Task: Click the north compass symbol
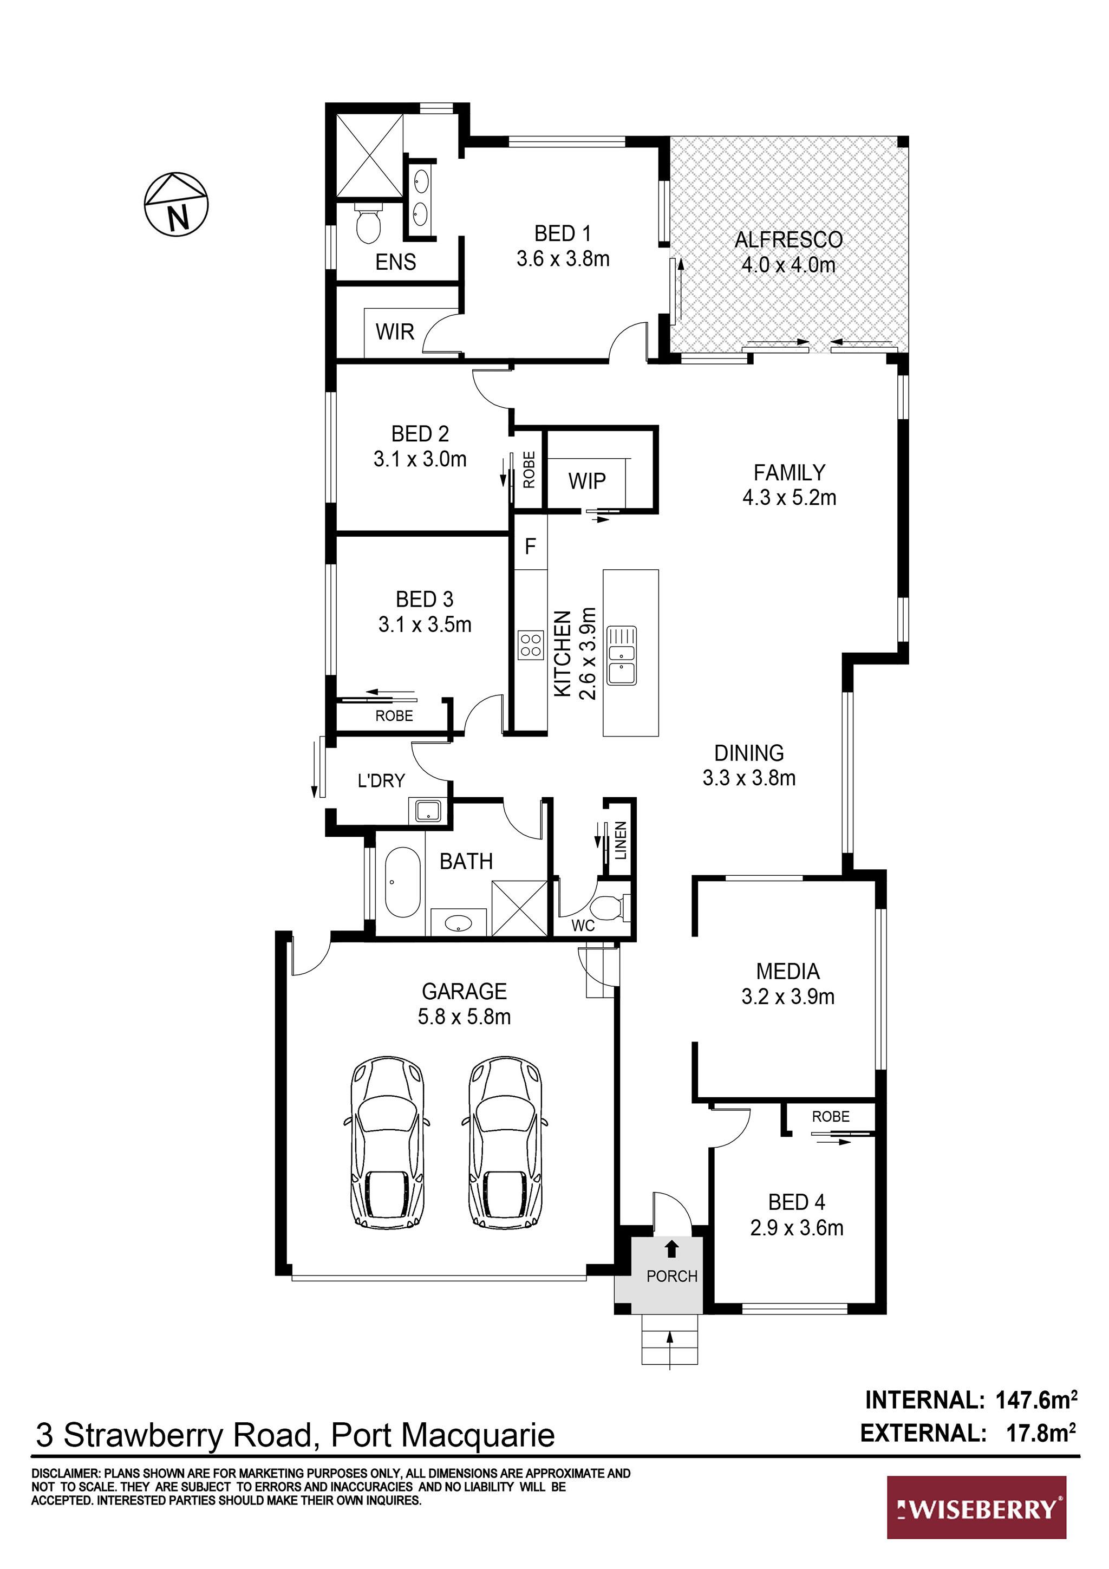pyautogui.click(x=177, y=204)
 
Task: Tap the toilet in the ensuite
pyautogui.click(x=368, y=224)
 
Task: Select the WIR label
pyautogui.click(x=395, y=332)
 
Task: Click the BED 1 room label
pyautogui.click(x=563, y=246)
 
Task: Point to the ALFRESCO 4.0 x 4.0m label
pyautogui.click(x=788, y=252)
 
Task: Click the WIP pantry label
pyautogui.click(x=587, y=481)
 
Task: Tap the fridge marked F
pyautogui.click(x=530, y=546)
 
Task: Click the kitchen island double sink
pyautogui.click(x=622, y=655)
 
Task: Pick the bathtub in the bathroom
pyautogui.click(x=402, y=882)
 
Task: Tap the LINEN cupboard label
pyautogui.click(x=621, y=840)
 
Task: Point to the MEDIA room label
pyautogui.click(x=788, y=984)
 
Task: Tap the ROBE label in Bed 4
pyautogui.click(x=830, y=1117)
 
